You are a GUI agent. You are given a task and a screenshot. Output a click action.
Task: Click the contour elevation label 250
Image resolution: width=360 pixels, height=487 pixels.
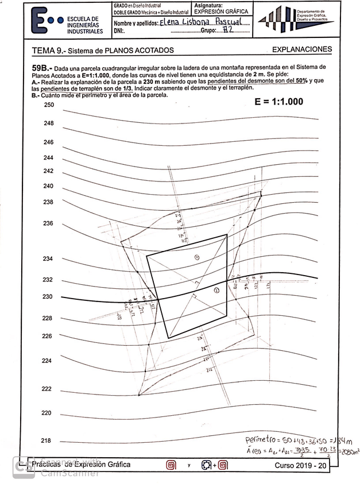[49, 105]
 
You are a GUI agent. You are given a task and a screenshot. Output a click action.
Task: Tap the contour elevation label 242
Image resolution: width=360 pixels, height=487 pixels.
[49, 171]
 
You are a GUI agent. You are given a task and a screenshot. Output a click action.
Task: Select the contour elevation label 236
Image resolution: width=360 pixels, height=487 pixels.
[48, 223]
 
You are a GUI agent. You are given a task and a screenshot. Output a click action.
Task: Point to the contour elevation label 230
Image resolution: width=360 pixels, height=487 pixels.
[48, 296]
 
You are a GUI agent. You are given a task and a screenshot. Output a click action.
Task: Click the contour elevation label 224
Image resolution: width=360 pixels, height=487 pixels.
[48, 361]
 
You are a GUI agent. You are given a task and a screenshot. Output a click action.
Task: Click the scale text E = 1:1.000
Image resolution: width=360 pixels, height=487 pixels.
[278, 101]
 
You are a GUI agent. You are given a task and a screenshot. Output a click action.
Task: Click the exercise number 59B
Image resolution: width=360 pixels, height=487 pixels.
[43, 68]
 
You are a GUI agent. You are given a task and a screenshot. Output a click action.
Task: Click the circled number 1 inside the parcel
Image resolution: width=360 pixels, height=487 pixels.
[197, 257]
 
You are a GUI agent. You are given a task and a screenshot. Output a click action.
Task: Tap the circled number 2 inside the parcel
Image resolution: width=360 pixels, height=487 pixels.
[216, 291]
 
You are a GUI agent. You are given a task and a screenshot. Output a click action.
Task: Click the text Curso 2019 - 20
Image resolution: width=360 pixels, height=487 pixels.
[301, 466]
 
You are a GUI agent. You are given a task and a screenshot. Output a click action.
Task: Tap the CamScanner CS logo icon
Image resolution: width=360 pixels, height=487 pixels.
[24, 467]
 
